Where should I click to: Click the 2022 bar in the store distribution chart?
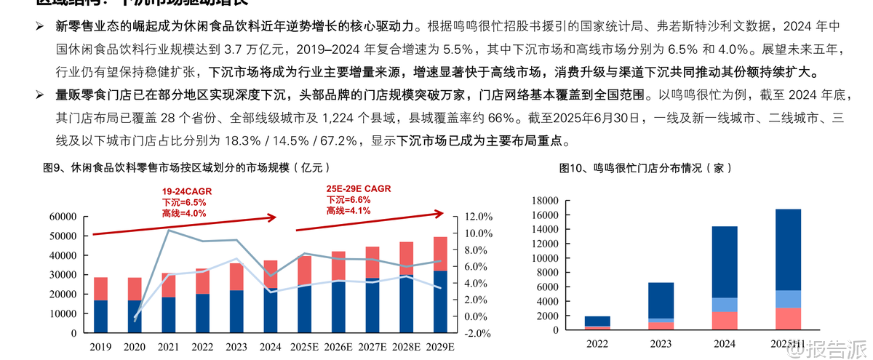click(x=597, y=322)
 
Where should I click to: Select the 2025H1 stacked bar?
click(x=788, y=269)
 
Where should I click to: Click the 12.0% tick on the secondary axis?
click(x=479, y=217)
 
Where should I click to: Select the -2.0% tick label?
click(x=479, y=333)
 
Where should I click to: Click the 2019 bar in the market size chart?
click(x=101, y=305)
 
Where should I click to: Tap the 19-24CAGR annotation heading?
click(x=187, y=191)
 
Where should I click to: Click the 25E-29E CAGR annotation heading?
click(x=359, y=189)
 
